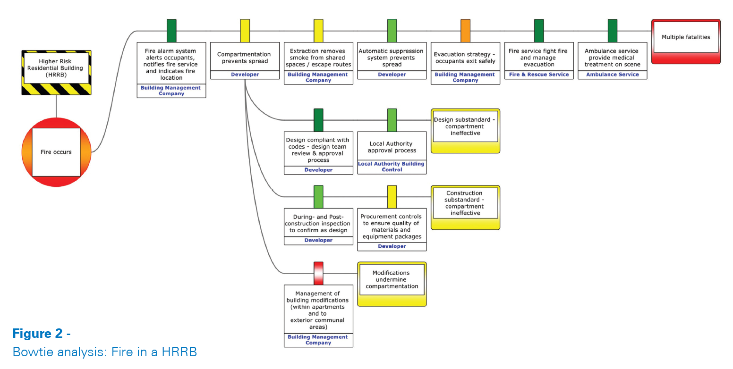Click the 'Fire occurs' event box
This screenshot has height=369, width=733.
click(56, 152)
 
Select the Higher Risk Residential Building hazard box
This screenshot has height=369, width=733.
click(56, 73)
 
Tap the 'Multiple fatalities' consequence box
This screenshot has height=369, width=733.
click(686, 41)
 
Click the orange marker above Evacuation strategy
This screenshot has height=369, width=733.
click(465, 31)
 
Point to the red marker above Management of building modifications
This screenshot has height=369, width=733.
click(318, 273)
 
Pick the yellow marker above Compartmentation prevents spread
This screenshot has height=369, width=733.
click(245, 31)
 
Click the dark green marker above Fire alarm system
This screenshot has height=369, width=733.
click(171, 31)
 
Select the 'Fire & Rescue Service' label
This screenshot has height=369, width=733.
click(539, 75)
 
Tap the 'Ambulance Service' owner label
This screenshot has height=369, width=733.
click(613, 75)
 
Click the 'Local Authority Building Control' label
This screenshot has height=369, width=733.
click(392, 167)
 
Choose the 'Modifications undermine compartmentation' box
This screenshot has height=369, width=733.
click(392, 284)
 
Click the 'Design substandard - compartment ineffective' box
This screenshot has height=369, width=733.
click(465, 131)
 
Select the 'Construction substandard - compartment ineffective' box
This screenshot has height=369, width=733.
click(465, 208)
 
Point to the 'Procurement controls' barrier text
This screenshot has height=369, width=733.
click(392, 226)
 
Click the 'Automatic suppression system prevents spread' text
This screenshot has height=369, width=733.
click(392, 58)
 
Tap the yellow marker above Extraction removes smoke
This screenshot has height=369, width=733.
click(318, 31)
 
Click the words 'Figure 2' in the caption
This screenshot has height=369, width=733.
click(38, 334)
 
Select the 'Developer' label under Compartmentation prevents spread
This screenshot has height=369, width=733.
click(245, 75)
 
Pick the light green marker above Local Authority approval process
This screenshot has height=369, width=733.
click(392, 120)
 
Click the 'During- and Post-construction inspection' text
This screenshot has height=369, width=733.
click(318, 224)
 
